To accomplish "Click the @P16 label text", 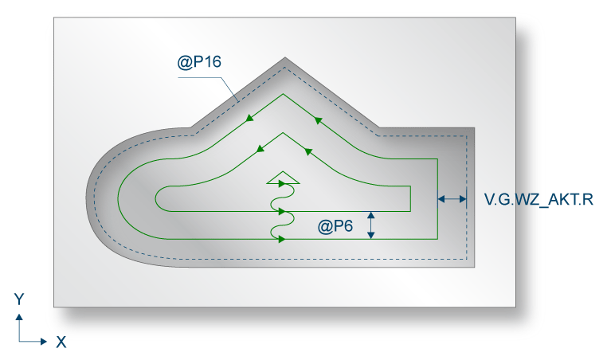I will tap(199, 61).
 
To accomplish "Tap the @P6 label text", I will tap(335, 226).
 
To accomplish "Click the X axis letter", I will tap(61, 342).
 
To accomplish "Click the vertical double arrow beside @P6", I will tap(370, 225).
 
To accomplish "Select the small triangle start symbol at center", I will tap(282, 178).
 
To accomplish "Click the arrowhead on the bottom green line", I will tap(283, 239).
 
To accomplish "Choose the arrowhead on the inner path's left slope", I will tap(260, 148).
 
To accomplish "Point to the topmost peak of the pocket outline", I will tap(285, 58).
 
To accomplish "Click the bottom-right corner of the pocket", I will tap(475, 268).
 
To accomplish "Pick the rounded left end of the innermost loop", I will tap(156, 198).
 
